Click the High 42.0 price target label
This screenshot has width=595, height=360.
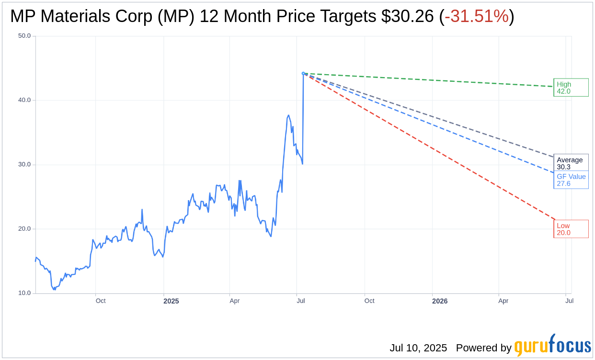pos(571,88)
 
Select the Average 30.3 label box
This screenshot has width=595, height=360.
pos(570,163)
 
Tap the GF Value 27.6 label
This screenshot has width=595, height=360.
pos(571,180)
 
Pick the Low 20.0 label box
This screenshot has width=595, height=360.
pos(571,229)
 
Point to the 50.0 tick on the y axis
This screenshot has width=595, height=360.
pos(24,36)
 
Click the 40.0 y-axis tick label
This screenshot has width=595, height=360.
pos(24,100)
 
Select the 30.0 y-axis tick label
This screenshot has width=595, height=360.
pos(24,165)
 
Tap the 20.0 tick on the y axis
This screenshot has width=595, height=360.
pos(24,229)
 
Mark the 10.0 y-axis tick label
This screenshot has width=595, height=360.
pos(24,293)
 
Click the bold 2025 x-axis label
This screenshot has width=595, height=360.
pos(171,301)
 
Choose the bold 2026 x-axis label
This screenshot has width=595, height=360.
pos(440,301)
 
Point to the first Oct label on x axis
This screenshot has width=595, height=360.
pos(101,301)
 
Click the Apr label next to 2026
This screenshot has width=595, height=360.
pos(503,301)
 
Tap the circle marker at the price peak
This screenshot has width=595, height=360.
pos(303,73)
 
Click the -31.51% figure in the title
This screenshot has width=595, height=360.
pos(476,17)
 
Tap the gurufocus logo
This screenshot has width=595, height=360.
pos(552,346)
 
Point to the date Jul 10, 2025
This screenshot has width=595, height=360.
pos(418,348)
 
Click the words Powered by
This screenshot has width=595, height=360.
pos(483,348)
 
